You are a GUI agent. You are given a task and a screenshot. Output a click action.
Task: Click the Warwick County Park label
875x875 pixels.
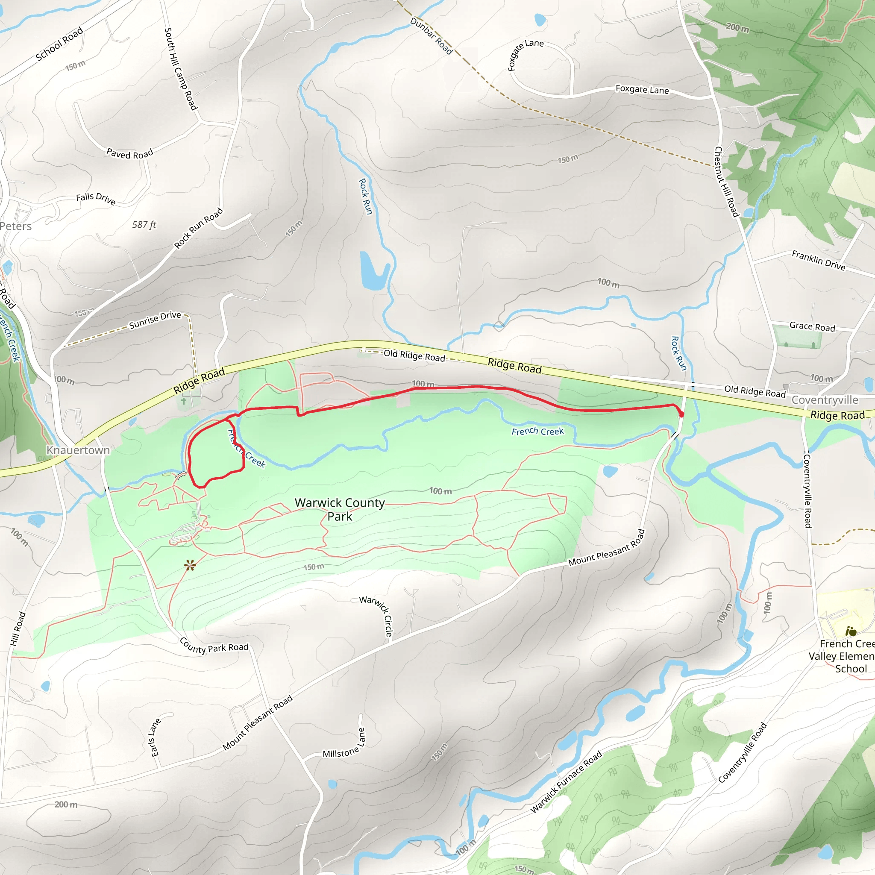click(340, 510)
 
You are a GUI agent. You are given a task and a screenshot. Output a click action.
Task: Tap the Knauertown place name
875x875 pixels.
click(78, 450)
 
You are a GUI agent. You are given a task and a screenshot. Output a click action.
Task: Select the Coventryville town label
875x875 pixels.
click(825, 400)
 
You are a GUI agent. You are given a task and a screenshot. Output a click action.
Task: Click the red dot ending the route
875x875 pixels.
click(681, 414)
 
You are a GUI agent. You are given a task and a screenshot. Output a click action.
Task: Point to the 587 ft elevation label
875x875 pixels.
click(144, 225)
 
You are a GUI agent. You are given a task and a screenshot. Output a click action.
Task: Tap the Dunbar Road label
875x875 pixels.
click(431, 36)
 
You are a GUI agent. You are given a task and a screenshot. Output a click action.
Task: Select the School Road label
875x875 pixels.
click(59, 44)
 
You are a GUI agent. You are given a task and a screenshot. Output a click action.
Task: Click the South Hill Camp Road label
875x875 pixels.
click(181, 69)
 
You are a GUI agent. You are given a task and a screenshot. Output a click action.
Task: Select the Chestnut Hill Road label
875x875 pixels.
click(726, 182)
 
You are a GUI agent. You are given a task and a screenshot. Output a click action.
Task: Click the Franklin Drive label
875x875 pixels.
click(818, 261)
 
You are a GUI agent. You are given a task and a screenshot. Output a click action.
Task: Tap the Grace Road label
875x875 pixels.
click(812, 326)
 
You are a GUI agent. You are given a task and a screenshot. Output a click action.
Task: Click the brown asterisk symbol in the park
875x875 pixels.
click(190, 565)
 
